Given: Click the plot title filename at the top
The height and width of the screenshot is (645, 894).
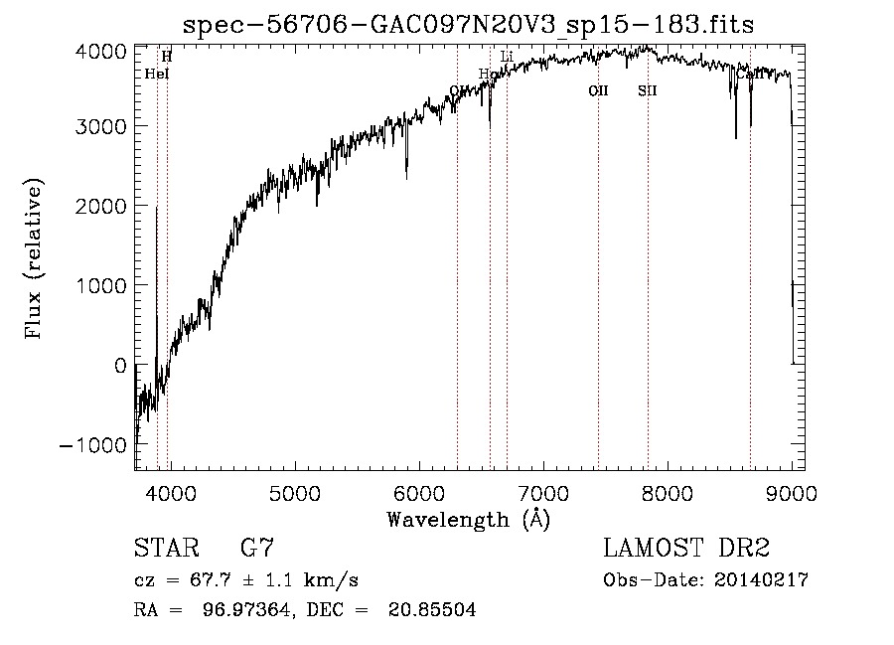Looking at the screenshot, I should (x=470, y=25).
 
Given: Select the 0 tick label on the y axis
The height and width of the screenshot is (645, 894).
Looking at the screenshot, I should (x=119, y=365).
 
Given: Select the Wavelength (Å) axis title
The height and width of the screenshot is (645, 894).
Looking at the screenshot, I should (x=468, y=518).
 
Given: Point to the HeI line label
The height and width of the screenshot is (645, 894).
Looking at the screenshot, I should (x=157, y=74).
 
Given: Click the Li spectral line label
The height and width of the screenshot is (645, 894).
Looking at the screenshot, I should (x=507, y=57).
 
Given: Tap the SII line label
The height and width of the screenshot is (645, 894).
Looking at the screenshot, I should (x=648, y=90).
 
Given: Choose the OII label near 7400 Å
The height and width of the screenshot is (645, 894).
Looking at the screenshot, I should (x=598, y=90).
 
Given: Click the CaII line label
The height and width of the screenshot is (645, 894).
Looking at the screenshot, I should (x=750, y=74).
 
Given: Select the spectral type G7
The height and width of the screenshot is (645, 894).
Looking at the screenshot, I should (x=257, y=549).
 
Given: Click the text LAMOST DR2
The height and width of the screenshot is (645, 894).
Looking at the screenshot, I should (x=686, y=549).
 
